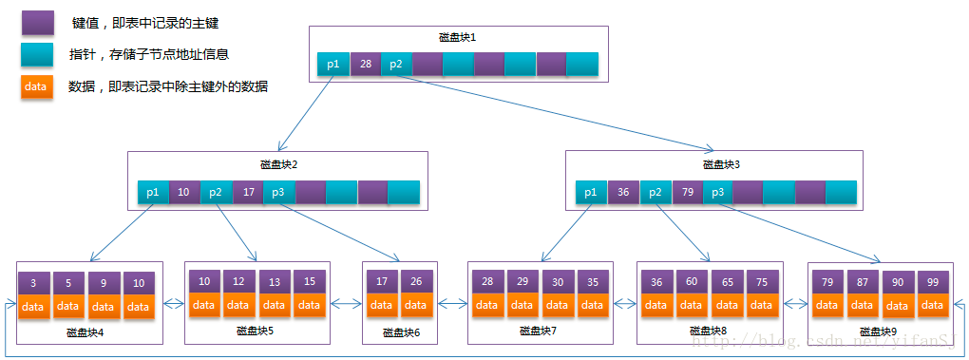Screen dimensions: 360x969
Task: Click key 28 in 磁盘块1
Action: click(x=365, y=65)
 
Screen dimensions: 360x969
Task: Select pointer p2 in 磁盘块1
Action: click(x=396, y=65)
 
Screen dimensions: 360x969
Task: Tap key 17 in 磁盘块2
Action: click(x=248, y=192)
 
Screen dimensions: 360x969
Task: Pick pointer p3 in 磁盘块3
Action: click(x=717, y=193)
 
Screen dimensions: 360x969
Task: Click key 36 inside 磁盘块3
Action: click(x=623, y=193)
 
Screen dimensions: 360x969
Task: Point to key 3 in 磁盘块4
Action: click(x=33, y=283)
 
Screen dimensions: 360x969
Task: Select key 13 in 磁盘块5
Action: click(x=275, y=282)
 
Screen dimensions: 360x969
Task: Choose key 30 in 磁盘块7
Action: click(x=558, y=282)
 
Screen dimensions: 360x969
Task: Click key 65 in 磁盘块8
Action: click(x=727, y=282)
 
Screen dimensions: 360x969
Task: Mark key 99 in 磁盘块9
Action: click(x=933, y=282)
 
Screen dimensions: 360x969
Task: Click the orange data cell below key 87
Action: click(x=863, y=305)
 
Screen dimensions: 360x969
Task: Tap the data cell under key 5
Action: click(x=67, y=306)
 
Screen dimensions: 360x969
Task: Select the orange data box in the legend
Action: click(x=36, y=86)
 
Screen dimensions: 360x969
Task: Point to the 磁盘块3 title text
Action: click(x=721, y=164)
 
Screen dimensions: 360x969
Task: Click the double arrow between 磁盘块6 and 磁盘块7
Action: click(x=451, y=305)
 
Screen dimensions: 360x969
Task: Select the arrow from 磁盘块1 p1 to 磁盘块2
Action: click(x=305, y=113)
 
